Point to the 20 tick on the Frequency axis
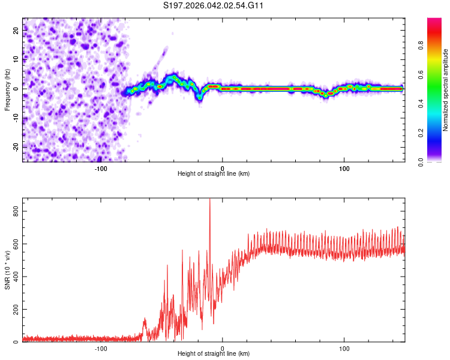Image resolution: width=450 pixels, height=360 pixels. pyautogui.click(x=17, y=29)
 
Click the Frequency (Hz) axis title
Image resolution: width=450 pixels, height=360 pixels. pyautogui.click(x=7, y=90)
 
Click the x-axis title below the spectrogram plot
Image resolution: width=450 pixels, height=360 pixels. pyautogui.click(x=214, y=174)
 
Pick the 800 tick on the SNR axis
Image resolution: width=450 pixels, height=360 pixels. pyautogui.click(x=17, y=211)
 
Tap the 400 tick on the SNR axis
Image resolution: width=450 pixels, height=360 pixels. pyautogui.click(x=17, y=277)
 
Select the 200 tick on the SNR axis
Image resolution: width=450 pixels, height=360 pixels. pyautogui.click(x=17, y=310)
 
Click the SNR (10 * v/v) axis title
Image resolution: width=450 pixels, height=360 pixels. pyautogui.click(x=7, y=270)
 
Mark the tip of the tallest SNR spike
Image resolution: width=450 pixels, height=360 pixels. pyautogui.click(x=209, y=199)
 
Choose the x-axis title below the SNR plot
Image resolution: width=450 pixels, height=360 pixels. pyautogui.click(x=214, y=354)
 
